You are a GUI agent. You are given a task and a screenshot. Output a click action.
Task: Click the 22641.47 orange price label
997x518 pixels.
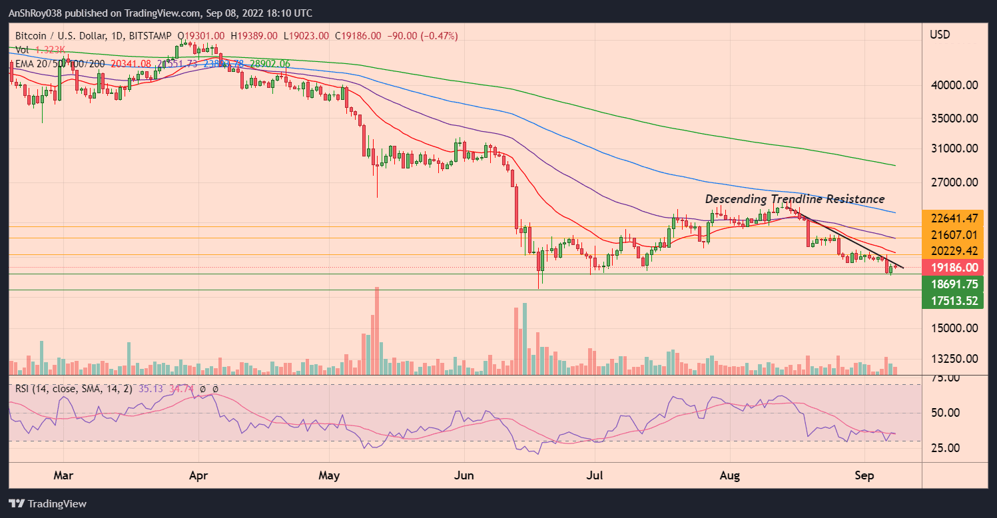(x=954, y=218)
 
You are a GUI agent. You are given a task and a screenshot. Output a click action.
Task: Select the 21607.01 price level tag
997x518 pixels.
(x=954, y=235)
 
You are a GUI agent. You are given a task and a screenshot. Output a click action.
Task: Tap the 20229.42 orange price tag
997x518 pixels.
(x=954, y=251)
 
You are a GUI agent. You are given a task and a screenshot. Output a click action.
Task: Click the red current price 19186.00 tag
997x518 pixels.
(x=954, y=268)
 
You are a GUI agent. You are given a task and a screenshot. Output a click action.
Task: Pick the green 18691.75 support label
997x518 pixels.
(x=954, y=284)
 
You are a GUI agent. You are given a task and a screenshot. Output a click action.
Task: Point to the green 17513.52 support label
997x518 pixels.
(x=954, y=301)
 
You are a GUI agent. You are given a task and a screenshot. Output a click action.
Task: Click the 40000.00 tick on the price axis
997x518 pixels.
(x=954, y=85)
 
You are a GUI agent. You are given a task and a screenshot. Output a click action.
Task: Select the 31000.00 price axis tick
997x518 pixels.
(x=954, y=148)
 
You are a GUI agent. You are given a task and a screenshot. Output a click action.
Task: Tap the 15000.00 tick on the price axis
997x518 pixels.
(x=954, y=328)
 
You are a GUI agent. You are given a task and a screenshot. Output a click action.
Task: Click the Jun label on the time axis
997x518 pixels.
(x=464, y=476)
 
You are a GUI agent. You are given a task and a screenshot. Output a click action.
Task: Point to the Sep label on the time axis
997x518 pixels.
(x=864, y=476)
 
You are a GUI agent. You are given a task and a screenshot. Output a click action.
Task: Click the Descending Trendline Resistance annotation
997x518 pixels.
(x=795, y=199)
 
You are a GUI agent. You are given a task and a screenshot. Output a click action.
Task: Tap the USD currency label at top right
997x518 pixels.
(x=940, y=35)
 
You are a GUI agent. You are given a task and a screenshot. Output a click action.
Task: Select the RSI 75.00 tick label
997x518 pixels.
(x=944, y=378)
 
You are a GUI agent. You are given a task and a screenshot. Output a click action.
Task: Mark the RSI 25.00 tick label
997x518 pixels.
(x=944, y=447)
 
